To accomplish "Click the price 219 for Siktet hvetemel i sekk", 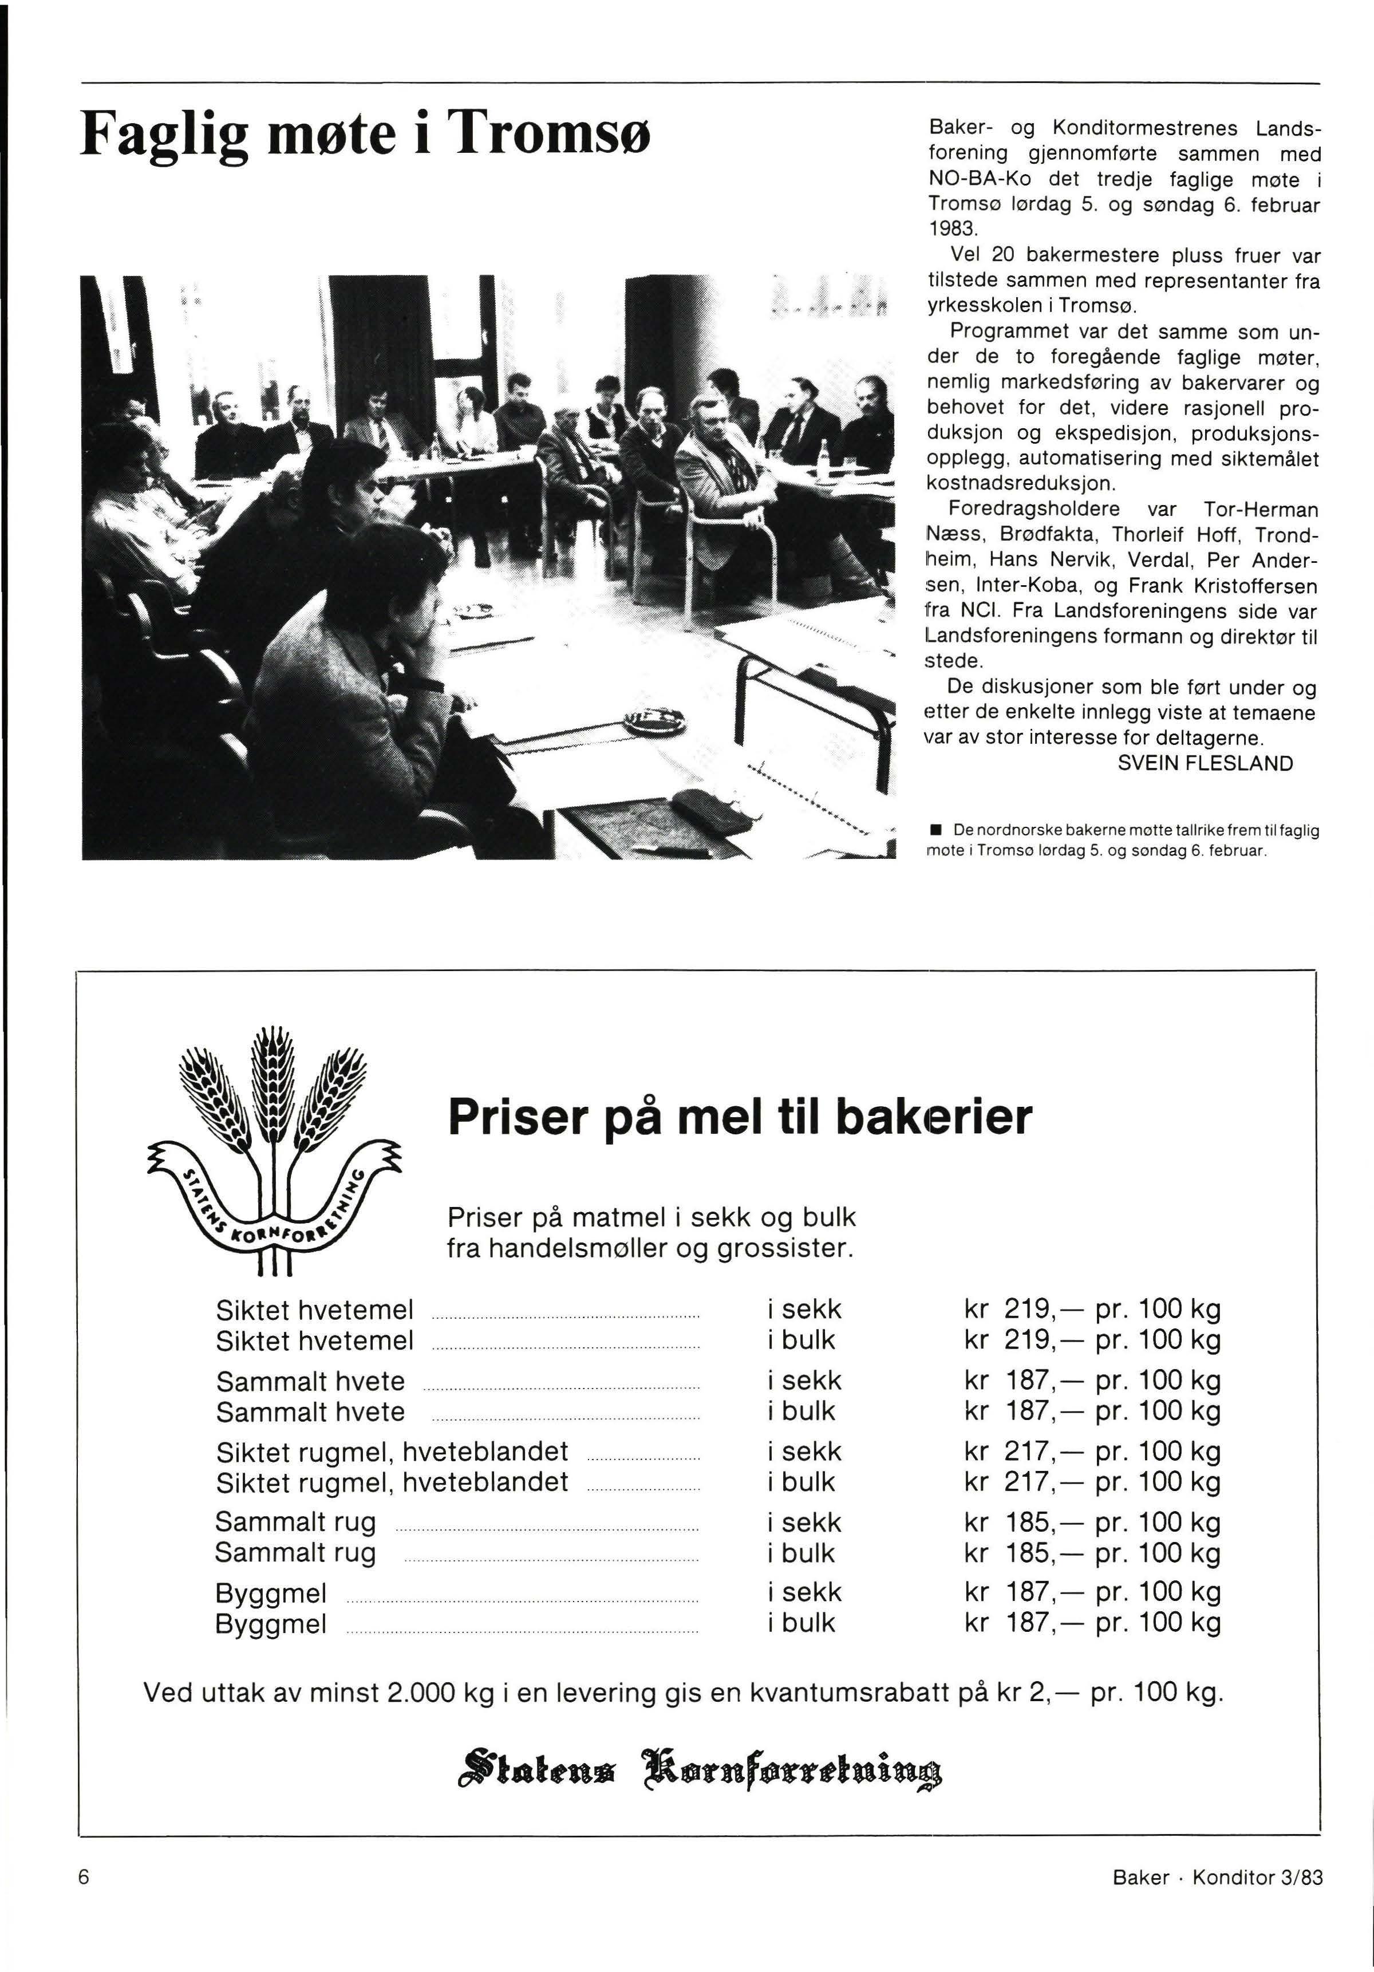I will (1029, 1310).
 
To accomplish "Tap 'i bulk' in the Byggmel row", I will (801, 1623).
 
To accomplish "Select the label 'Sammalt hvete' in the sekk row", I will (310, 1381).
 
